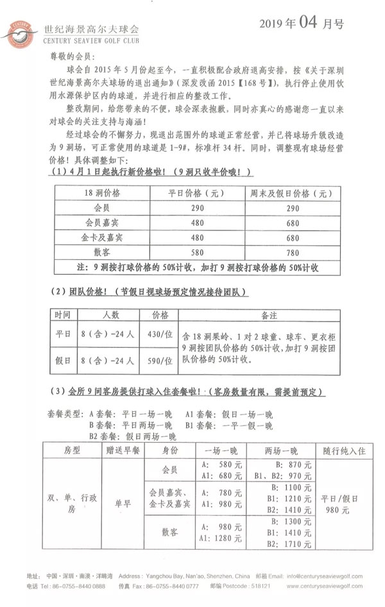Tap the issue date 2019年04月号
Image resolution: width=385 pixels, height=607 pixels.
[301, 24]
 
